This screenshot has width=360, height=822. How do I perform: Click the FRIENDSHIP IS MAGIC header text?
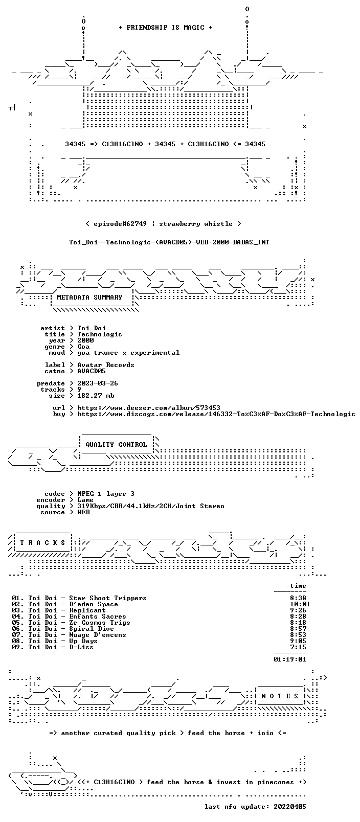tap(166, 28)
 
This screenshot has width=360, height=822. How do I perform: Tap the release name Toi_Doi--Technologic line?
tap(169, 242)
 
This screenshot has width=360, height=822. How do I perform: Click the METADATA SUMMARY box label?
tap(89, 297)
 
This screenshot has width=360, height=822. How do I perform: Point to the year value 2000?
tap(85, 340)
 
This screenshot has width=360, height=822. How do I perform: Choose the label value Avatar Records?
tap(106, 365)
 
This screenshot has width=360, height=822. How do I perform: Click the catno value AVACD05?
tap(92, 371)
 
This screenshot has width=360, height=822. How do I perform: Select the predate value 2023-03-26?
tap(98, 383)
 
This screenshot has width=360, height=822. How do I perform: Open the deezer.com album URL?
tap(149, 408)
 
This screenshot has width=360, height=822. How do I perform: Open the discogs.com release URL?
tap(216, 414)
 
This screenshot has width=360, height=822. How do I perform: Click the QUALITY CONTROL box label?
tap(116, 444)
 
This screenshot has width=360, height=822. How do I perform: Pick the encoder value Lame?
tap(85, 500)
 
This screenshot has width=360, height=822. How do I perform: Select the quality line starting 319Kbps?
tap(151, 506)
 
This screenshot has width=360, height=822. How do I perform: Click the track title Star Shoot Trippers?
tap(108, 598)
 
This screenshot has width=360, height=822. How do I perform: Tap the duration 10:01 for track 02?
tap(300, 604)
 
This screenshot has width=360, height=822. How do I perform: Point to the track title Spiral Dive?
tap(92, 629)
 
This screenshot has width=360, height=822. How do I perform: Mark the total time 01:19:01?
tap(290, 659)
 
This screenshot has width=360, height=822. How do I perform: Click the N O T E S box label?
tap(280, 696)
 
